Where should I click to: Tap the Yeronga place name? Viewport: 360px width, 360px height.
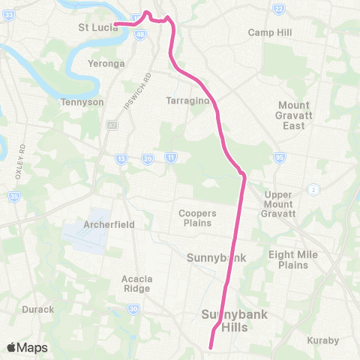106,64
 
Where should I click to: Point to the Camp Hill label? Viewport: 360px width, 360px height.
270,33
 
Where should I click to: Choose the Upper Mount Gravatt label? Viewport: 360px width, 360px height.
280,204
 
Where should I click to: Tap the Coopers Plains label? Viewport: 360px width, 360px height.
196,217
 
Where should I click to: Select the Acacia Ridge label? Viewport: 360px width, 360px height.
137,283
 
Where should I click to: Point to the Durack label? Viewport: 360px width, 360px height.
37,309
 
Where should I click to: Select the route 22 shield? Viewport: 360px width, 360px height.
278,8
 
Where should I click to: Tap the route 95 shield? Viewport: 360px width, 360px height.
280,158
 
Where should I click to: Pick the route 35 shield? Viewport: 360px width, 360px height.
14,197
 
